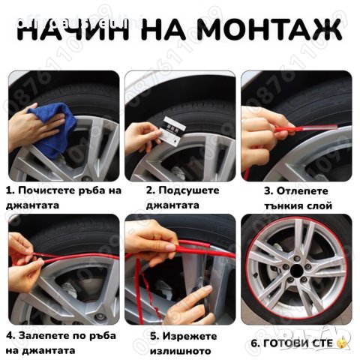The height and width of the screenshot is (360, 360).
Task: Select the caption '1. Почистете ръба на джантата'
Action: click(63, 196)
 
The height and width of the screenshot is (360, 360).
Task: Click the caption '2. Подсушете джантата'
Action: click(182, 196)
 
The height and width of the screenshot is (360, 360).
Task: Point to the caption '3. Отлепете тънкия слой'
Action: click(300, 196)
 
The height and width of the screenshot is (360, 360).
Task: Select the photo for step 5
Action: click(180, 268)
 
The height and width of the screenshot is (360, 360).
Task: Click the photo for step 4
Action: click(63, 268)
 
